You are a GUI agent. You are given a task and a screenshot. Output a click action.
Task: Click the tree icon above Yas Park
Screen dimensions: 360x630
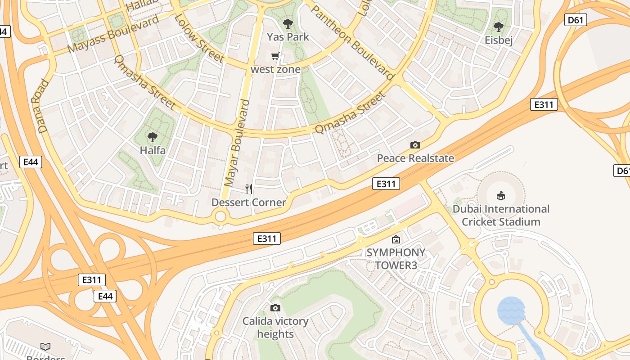point(288,23)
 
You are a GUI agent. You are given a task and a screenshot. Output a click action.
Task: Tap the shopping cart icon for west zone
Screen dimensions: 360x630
point(275,56)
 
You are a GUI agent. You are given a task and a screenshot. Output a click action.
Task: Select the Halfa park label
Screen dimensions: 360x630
point(153,150)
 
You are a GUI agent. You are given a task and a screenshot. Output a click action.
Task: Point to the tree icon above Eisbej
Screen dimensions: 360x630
point(498,27)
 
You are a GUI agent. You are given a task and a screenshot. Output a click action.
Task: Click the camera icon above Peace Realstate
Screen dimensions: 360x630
point(415,145)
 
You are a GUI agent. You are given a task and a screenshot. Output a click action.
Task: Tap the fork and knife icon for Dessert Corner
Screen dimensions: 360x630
point(249,189)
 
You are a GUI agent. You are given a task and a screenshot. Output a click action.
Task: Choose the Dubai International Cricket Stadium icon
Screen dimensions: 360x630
point(500,195)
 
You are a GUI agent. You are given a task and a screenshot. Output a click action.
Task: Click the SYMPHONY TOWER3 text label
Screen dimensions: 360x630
point(396,259)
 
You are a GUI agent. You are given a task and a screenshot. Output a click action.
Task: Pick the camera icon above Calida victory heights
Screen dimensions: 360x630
point(275,308)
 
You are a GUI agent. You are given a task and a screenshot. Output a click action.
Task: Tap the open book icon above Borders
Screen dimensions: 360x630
point(45,346)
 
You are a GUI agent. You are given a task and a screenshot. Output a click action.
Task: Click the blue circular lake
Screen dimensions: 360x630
point(511,310)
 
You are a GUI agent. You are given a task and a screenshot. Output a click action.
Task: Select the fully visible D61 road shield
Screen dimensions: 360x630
point(576,20)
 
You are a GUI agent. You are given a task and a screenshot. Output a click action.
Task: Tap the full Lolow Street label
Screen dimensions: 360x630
point(198,38)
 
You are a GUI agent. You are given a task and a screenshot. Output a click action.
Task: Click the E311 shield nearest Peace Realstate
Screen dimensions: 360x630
point(386,184)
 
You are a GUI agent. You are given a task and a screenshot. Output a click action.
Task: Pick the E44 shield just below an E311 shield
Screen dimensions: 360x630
point(105,296)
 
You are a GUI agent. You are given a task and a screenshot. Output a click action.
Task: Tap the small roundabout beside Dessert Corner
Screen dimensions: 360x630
point(220,217)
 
